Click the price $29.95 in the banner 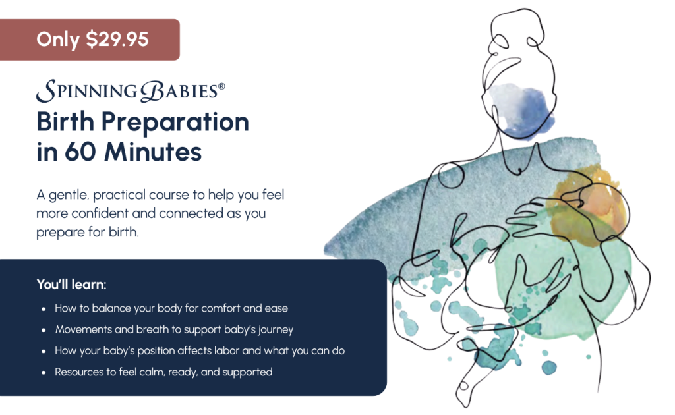point(117,40)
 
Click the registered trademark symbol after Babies point(221,86)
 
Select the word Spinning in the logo point(86,91)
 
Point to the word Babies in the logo point(179,91)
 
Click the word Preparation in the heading point(175,123)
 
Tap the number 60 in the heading point(80,152)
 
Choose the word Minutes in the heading point(153,152)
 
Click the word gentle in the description point(69,196)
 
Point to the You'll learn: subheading point(71,285)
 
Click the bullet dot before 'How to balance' point(44,309)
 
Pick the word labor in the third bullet point(227,350)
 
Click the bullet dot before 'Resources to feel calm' point(44,373)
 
